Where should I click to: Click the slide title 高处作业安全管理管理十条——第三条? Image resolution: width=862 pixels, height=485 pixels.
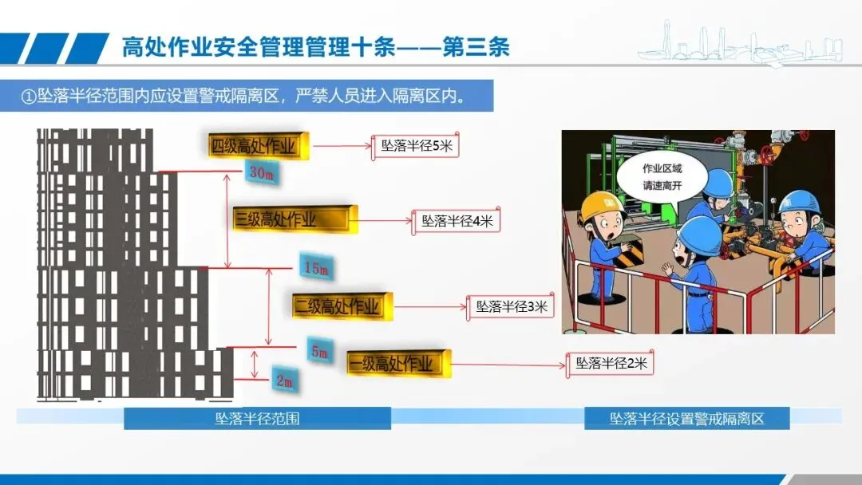pyautogui.click(x=315, y=47)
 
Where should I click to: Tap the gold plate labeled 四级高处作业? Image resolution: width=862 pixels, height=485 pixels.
pyautogui.click(x=253, y=146)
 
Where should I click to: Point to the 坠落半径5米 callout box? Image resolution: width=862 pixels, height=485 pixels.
pyautogui.click(x=415, y=146)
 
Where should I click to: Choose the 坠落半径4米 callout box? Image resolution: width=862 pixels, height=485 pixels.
pyautogui.click(x=457, y=221)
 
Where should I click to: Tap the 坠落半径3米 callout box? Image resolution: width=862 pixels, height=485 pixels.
pyautogui.click(x=512, y=306)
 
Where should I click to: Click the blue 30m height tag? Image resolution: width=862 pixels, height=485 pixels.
pyautogui.click(x=264, y=173)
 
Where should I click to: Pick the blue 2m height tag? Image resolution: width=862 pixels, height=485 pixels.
pyautogui.click(x=284, y=381)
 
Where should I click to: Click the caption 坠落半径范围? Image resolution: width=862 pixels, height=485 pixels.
pyautogui.click(x=257, y=418)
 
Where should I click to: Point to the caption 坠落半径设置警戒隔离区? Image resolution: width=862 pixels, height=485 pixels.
pyautogui.click(x=686, y=418)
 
